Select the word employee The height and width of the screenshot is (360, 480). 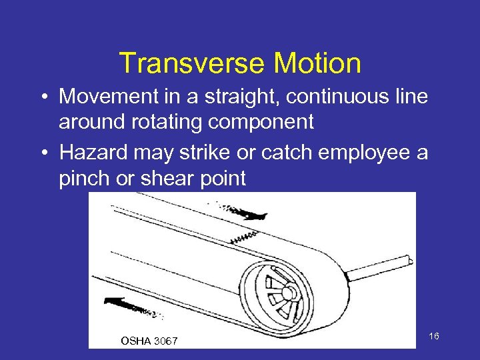354,153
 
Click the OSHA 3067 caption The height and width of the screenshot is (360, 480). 149,341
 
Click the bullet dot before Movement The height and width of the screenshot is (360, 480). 42,97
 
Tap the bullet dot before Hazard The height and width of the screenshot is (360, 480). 42,153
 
